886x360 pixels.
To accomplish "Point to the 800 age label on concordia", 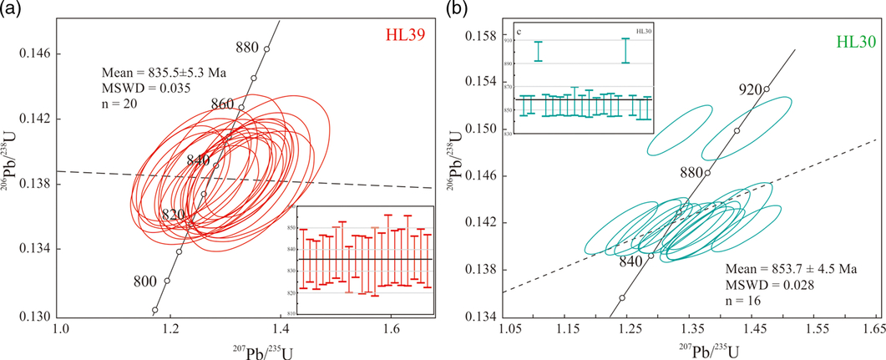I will tap(144, 281).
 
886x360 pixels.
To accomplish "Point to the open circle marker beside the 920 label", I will tap(767, 89).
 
